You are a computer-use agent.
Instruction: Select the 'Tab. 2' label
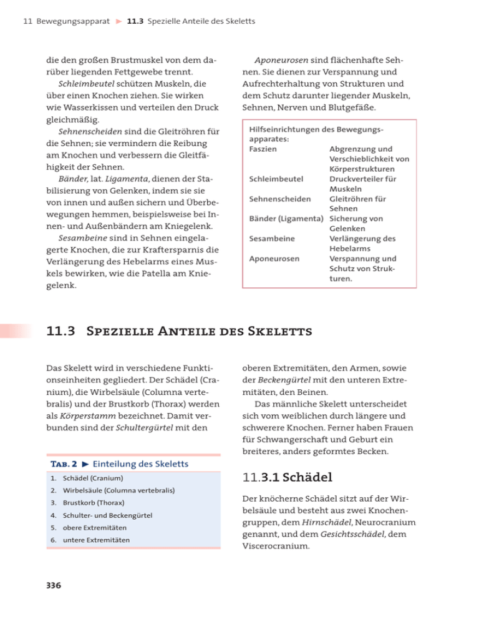[x=60, y=464]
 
